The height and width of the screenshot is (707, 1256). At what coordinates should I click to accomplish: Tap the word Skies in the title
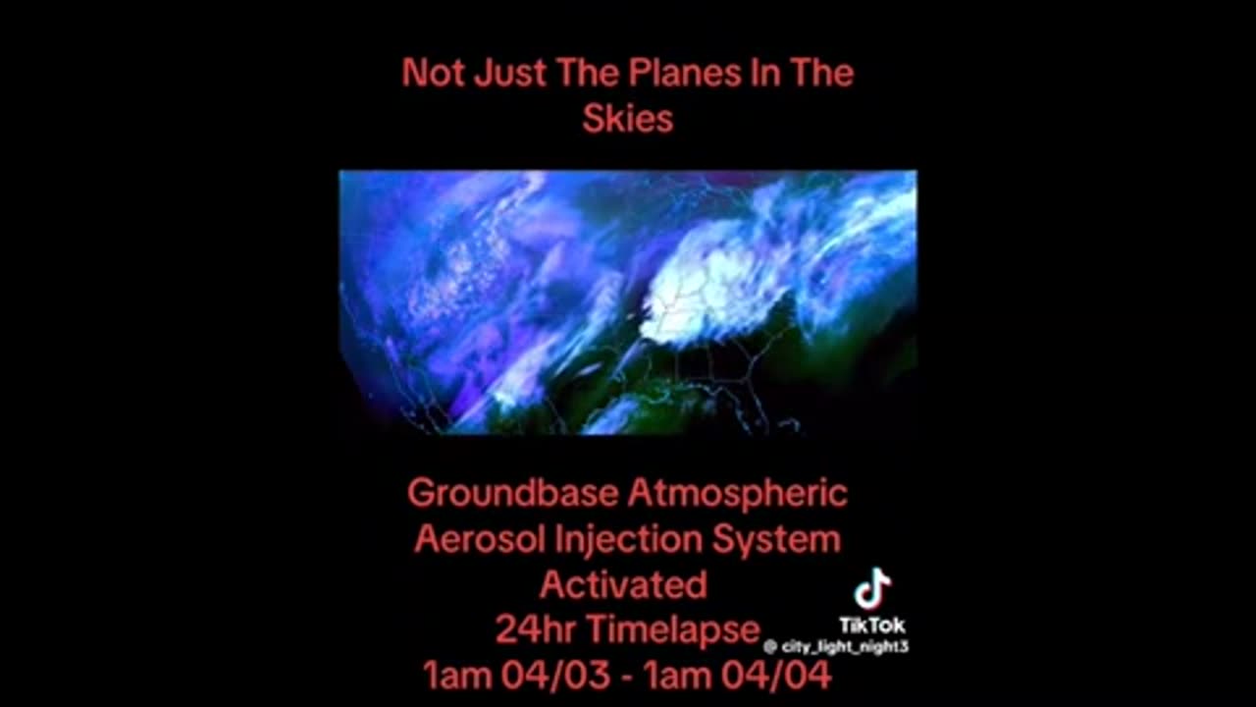627,119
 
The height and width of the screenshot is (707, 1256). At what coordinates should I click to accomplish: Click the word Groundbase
511,493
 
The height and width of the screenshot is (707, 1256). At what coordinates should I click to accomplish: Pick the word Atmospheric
737,493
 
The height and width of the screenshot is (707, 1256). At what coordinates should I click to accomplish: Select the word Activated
623,585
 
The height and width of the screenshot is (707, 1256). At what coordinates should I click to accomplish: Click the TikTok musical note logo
871,590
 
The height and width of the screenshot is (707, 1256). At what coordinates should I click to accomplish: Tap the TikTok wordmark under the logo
871,625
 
